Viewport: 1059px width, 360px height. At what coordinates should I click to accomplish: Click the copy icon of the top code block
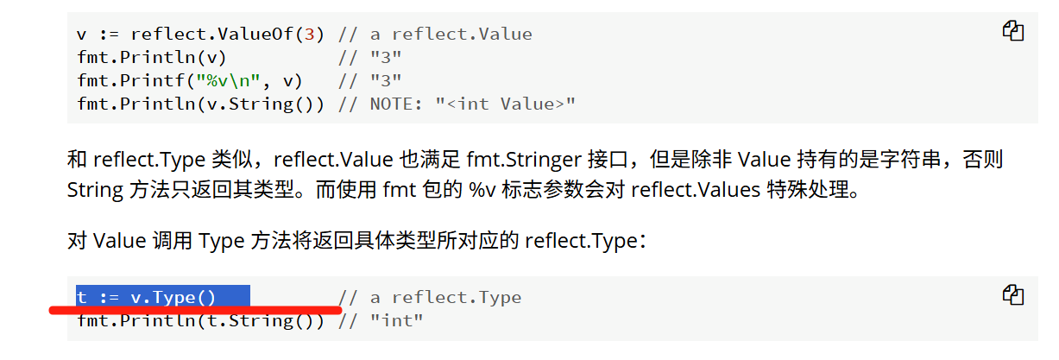(x=1012, y=31)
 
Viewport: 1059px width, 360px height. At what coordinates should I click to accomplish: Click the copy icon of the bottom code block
(x=1012, y=294)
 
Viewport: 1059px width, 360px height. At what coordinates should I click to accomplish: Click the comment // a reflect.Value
(x=435, y=35)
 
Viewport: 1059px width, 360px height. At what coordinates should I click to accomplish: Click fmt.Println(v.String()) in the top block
(x=200, y=104)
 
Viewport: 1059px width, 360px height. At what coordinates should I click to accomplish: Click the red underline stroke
(x=195, y=308)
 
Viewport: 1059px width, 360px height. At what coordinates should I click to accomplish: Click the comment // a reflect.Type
(x=430, y=298)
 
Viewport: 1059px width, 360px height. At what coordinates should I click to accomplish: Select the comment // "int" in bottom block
(x=381, y=321)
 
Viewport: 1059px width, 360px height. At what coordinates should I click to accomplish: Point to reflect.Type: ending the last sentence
(x=584, y=241)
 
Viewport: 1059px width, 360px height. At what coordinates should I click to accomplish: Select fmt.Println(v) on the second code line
(x=152, y=58)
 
